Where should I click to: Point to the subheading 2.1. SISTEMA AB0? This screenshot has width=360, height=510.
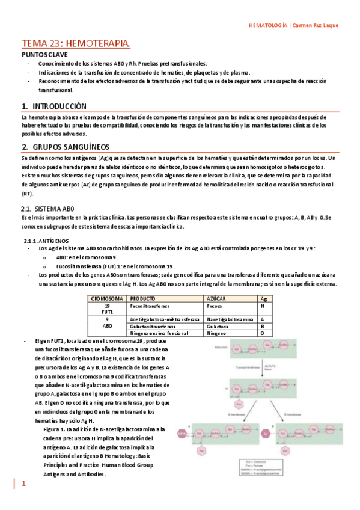pos(49,207)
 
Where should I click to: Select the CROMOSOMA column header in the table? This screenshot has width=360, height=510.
pos(107,298)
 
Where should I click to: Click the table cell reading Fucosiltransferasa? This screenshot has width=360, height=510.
pos(153,306)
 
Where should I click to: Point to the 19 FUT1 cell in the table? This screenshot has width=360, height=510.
pos(107,309)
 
